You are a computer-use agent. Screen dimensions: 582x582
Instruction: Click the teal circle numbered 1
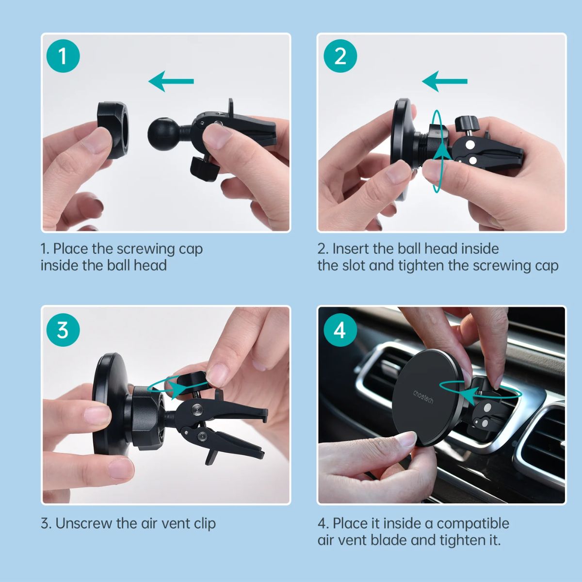click(63, 56)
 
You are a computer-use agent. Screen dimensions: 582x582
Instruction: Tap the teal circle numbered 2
click(340, 56)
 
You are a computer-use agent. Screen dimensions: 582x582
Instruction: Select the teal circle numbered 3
click(63, 330)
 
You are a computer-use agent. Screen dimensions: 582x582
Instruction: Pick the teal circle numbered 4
click(340, 330)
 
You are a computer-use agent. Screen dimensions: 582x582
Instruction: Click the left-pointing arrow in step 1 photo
click(171, 81)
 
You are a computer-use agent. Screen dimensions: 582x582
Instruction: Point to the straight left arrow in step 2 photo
click(445, 81)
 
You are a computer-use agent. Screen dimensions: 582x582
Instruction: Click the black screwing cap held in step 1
click(113, 130)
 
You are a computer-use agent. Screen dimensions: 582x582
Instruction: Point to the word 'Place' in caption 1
click(71, 249)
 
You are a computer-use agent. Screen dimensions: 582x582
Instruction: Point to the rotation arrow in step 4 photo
click(481, 393)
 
